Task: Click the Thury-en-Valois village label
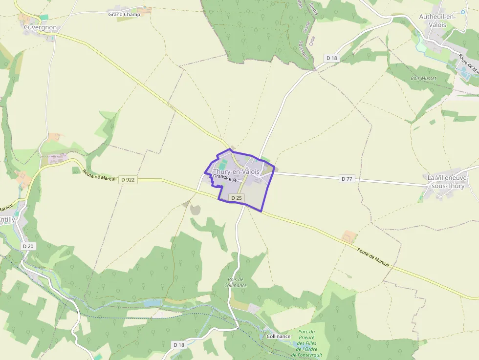click(x=236, y=172)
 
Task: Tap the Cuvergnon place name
click(x=40, y=27)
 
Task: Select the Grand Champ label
click(x=124, y=15)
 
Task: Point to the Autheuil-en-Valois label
click(x=437, y=21)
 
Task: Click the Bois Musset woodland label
click(x=424, y=78)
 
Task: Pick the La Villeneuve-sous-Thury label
click(x=448, y=181)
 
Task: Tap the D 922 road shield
click(x=128, y=180)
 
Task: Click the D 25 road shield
click(x=237, y=198)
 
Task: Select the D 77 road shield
click(x=347, y=179)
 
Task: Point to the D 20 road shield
click(x=28, y=246)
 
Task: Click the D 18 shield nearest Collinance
click(x=179, y=345)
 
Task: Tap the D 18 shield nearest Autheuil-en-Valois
click(x=331, y=58)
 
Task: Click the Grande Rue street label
click(x=225, y=179)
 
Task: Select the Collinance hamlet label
click(x=279, y=337)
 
